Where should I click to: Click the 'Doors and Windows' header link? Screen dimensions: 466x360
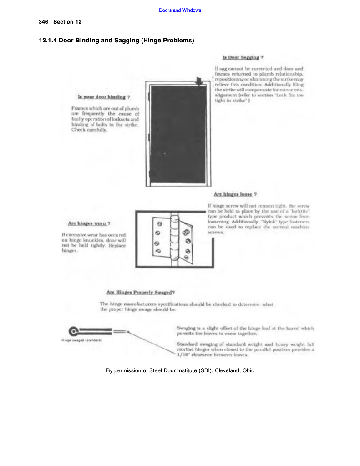(180, 10)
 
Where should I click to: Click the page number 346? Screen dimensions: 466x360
(44, 22)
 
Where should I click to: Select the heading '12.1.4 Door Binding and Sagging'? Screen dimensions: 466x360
(117, 41)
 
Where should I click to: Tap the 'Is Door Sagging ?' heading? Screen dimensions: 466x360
(243, 58)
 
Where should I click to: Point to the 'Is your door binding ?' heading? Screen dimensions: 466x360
(104, 97)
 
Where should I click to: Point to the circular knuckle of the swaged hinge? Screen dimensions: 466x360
(73, 331)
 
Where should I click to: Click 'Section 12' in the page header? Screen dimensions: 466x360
(67, 22)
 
